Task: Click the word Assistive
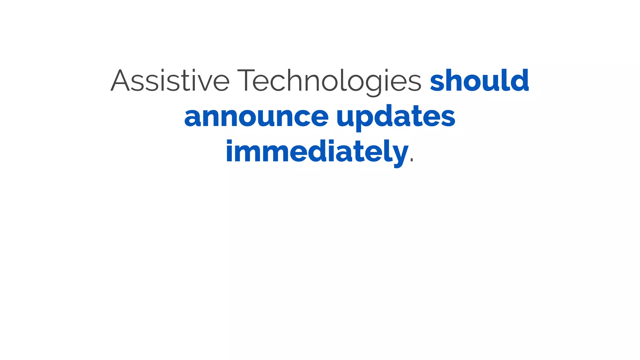(x=170, y=81)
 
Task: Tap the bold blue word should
(x=479, y=81)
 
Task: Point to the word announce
(x=256, y=117)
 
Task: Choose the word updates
(x=396, y=117)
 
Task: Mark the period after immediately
(x=412, y=160)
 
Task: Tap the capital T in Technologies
(x=249, y=81)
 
